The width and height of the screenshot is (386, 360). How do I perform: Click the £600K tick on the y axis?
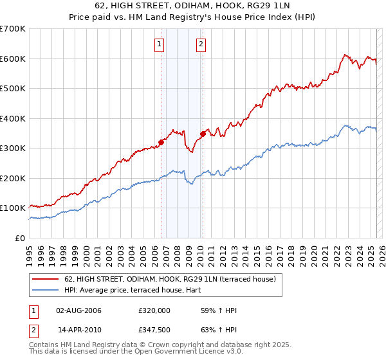tap(13, 59)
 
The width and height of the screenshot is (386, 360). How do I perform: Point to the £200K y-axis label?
tap(13, 178)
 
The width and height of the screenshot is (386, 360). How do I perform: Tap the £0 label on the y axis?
tap(21, 238)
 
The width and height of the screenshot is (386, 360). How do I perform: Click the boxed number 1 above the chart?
tap(159, 44)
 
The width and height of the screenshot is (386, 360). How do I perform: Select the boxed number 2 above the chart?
tap(201, 44)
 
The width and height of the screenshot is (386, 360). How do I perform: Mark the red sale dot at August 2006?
tap(161, 143)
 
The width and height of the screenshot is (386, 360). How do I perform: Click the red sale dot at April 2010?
tap(203, 134)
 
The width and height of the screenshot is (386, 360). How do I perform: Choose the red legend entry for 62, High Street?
tap(170, 278)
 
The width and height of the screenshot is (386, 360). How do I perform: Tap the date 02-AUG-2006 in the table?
tap(79, 310)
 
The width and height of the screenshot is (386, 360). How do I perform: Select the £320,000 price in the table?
tap(154, 310)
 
